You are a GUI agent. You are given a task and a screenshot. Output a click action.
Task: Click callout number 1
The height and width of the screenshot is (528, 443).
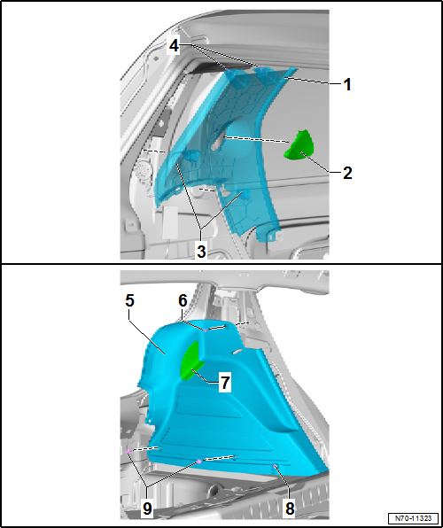[348, 84]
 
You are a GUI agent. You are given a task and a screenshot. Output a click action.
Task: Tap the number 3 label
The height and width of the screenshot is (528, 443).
[202, 252]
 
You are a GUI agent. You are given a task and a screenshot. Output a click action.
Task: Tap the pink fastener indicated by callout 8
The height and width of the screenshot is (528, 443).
[276, 464]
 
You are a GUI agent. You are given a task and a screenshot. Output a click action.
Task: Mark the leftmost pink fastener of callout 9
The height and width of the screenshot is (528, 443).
[129, 451]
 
